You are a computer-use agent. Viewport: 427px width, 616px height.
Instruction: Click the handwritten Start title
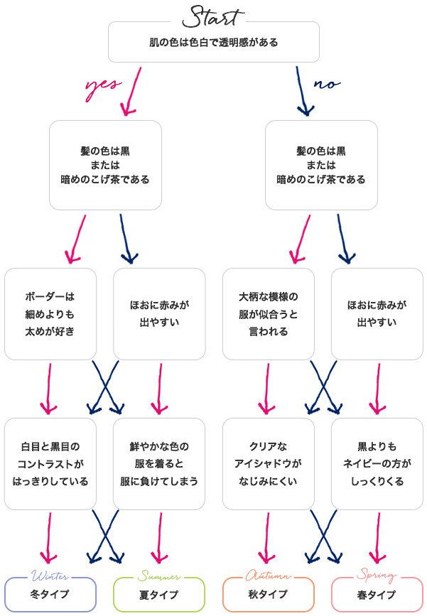[x=213, y=16]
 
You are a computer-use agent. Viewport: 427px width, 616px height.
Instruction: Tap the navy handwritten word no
[x=326, y=84]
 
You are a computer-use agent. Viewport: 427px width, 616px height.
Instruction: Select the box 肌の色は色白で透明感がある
[x=213, y=43]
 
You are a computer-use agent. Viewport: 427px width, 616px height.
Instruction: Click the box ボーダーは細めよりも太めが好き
[x=50, y=313]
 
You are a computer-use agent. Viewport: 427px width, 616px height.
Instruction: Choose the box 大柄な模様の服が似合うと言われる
[x=268, y=313]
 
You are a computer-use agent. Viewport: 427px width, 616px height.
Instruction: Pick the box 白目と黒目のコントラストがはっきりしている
[x=50, y=463]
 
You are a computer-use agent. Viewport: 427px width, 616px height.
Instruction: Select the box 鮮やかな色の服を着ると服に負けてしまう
[x=159, y=463]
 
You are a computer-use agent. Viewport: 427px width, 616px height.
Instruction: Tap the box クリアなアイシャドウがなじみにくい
[x=268, y=463]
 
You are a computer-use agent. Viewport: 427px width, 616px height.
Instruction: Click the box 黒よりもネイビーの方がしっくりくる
[x=377, y=463]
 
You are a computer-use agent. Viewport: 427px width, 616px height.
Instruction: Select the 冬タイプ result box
[x=50, y=595]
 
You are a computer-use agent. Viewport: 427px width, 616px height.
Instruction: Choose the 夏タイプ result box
[x=159, y=595]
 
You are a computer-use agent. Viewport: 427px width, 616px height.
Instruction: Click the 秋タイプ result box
[x=268, y=595]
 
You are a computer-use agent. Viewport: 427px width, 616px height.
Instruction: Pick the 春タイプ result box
[x=377, y=595]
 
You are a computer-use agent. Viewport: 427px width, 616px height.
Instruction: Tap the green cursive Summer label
[x=159, y=576]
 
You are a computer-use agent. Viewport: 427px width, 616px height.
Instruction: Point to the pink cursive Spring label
[x=377, y=575]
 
